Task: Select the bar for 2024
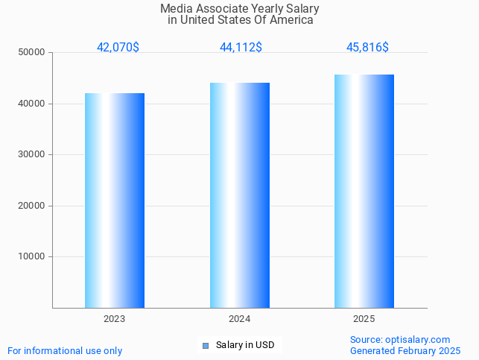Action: click(x=240, y=195)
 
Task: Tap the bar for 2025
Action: click(x=364, y=191)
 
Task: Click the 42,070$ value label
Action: click(x=118, y=47)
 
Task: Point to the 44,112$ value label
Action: click(x=241, y=47)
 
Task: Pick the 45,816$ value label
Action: click(x=367, y=47)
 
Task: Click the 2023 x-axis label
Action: click(x=115, y=319)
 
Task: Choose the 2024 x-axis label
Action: click(x=240, y=319)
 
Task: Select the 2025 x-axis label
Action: click(x=364, y=319)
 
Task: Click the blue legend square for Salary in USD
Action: click(x=206, y=345)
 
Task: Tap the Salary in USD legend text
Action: click(x=245, y=345)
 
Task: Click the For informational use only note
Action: click(x=65, y=350)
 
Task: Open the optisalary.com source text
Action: click(x=400, y=339)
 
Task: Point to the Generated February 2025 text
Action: click(x=405, y=350)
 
